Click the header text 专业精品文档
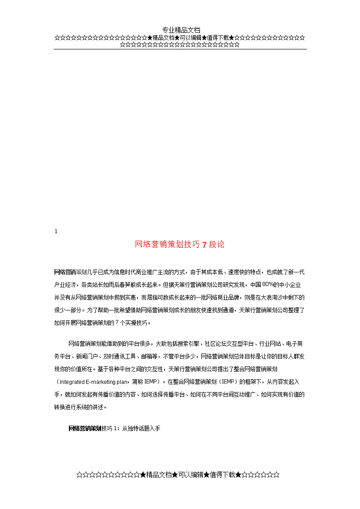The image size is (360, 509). (181, 30)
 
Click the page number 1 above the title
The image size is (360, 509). (56, 232)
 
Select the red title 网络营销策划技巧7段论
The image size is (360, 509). (180, 245)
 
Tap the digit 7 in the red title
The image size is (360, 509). (204, 245)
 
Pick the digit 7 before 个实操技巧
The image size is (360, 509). (117, 323)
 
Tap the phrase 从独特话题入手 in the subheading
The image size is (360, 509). (141, 428)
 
